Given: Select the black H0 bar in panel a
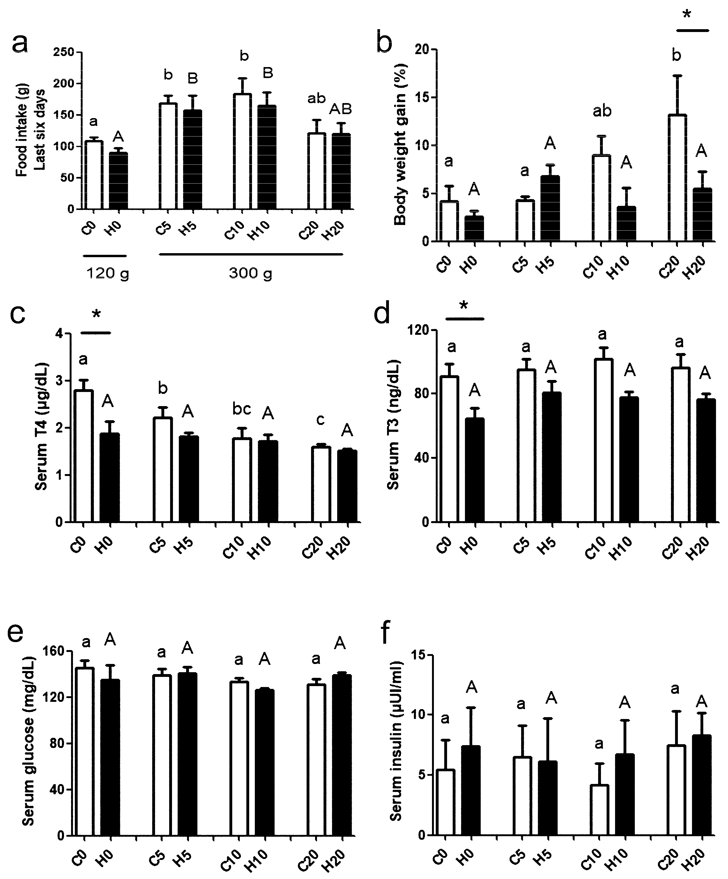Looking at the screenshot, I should click(x=119, y=181).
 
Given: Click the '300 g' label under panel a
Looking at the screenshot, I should click(x=250, y=273).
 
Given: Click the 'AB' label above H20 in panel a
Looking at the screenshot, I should click(x=340, y=109).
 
